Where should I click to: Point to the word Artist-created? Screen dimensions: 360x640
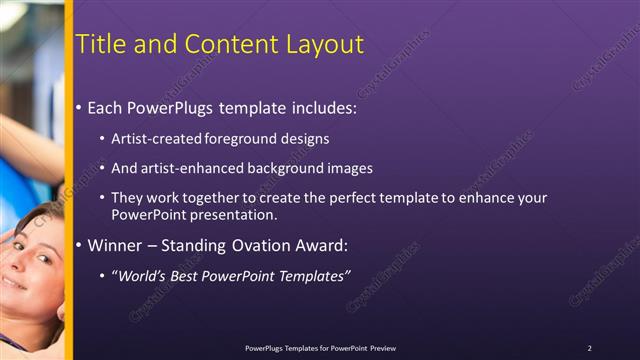pyautogui.click(x=155, y=139)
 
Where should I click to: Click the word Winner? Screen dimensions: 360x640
pyautogui.click(x=116, y=245)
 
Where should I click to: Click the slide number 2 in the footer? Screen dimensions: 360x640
pyautogui.click(x=589, y=348)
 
